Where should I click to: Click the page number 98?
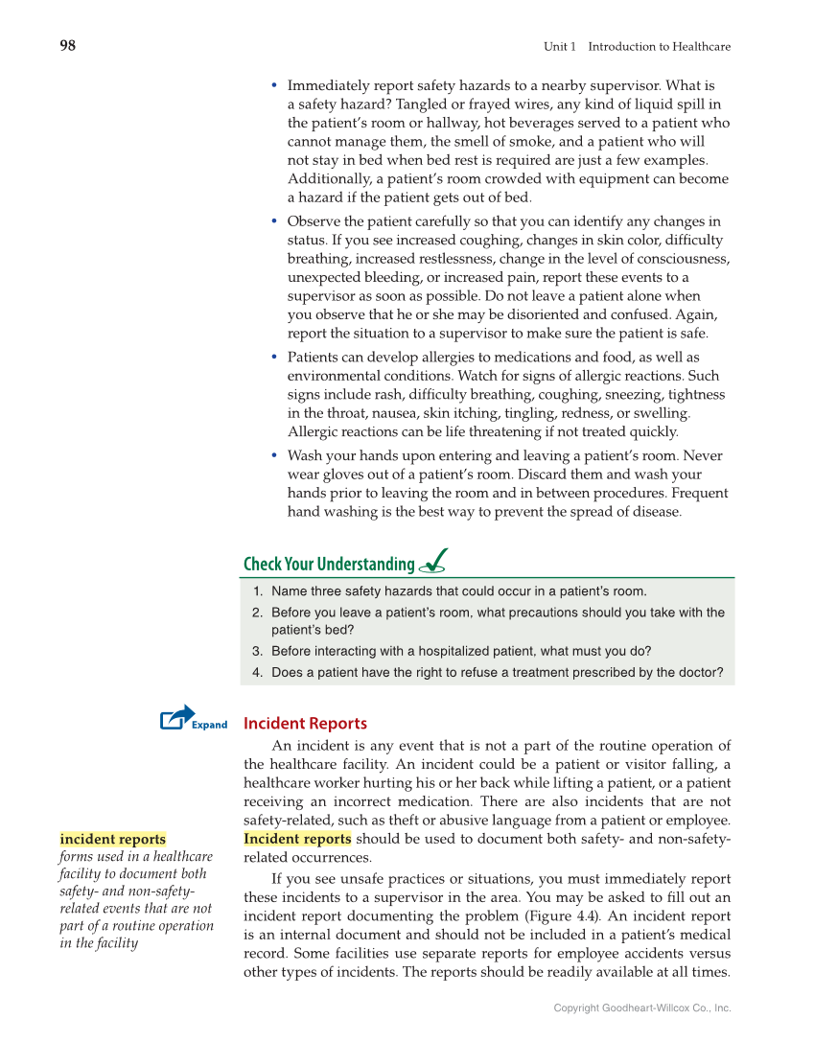[x=67, y=46]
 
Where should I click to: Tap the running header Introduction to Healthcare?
[x=659, y=47]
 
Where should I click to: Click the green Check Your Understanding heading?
[x=329, y=564]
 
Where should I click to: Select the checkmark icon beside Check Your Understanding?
[x=432, y=561]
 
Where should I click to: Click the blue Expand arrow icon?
[x=177, y=717]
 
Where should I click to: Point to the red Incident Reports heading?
[x=305, y=724]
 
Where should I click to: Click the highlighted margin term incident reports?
[x=112, y=839]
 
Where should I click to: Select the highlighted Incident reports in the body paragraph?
[x=297, y=840]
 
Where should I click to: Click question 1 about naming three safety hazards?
[x=458, y=591]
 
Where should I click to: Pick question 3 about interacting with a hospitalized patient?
[x=460, y=651]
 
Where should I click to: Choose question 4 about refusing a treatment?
[x=496, y=672]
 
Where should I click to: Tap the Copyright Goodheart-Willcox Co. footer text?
[x=641, y=1008]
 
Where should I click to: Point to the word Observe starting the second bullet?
[x=313, y=221]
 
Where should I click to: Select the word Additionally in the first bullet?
[x=327, y=179]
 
